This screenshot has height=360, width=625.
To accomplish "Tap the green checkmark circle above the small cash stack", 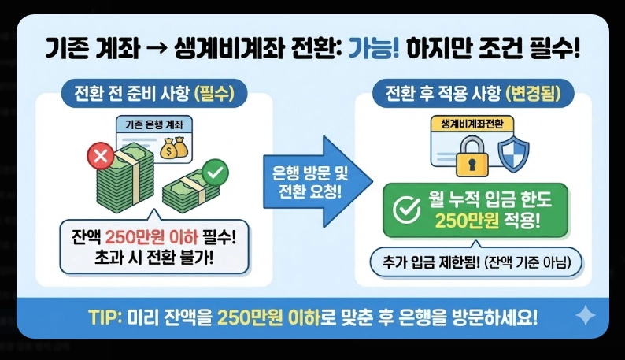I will click(213, 170).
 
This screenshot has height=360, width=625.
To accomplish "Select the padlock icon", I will click(471, 156).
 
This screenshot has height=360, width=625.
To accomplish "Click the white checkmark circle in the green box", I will click(405, 210).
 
